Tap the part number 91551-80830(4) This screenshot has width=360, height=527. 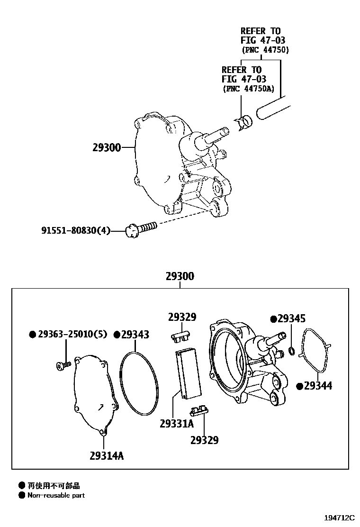tap(76, 231)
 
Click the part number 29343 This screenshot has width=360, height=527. tap(135, 335)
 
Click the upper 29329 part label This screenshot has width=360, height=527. tap(182, 317)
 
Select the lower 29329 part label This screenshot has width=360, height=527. tap(205, 440)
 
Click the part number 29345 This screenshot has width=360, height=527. tap(291, 319)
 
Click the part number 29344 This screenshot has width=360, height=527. tap(318, 386)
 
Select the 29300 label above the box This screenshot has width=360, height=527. tap(180, 276)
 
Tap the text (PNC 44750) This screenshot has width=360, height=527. tap(265, 50)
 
